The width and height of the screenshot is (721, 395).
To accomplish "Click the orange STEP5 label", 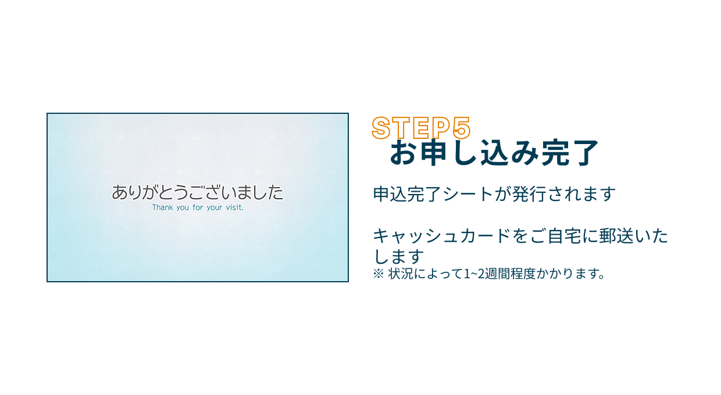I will click(x=420, y=128).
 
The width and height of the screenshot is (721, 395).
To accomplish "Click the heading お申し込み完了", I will click(x=494, y=153).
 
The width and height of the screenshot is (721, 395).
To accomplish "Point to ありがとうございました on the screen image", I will click(x=198, y=192).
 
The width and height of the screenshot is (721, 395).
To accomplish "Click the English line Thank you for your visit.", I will click(x=198, y=207).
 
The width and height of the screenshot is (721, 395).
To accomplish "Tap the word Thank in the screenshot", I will click(x=162, y=207).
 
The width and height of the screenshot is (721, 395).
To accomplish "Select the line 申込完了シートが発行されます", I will click(x=494, y=194).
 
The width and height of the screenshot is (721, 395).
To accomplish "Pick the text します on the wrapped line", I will click(x=398, y=256).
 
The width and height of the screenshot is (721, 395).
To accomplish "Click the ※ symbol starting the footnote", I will click(x=378, y=274).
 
